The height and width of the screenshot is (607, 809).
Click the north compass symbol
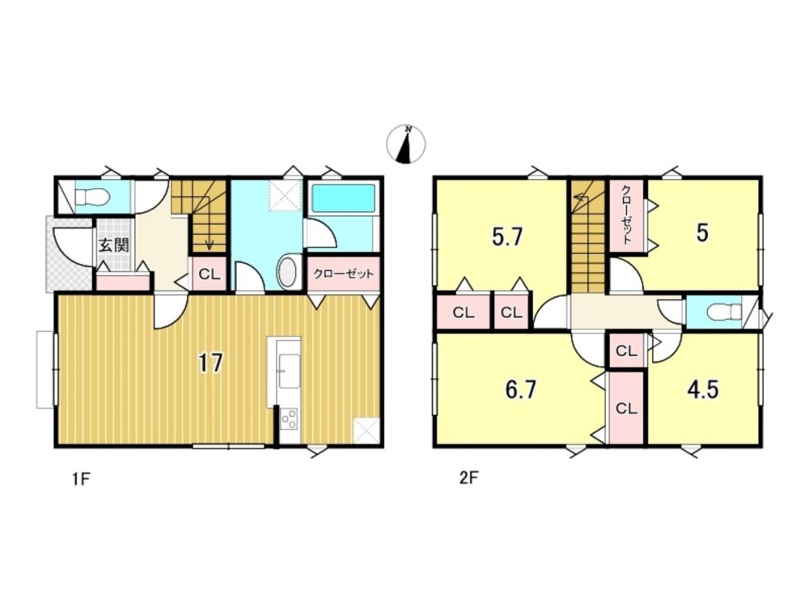(x=406, y=144)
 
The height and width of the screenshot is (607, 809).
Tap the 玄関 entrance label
(x=113, y=244)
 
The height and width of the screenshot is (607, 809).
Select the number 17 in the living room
(x=211, y=363)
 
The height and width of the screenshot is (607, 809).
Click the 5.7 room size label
(x=508, y=237)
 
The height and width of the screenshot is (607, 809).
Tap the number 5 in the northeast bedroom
(x=702, y=233)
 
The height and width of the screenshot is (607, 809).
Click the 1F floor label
(x=82, y=479)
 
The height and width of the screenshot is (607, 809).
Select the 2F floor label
(x=469, y=478)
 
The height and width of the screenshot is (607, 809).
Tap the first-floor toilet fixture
(x=91, y=197)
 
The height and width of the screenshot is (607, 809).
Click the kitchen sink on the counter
(x=288, y=371)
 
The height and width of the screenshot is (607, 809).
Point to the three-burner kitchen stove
(x=289, y=418)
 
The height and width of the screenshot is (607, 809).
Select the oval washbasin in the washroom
(x=288, y=272)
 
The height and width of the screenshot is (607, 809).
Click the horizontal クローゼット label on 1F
(x=343, y=274)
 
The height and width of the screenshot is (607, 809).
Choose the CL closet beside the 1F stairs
(x=210, y=274)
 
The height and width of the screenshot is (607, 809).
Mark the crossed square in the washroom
(x=284, y=196)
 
